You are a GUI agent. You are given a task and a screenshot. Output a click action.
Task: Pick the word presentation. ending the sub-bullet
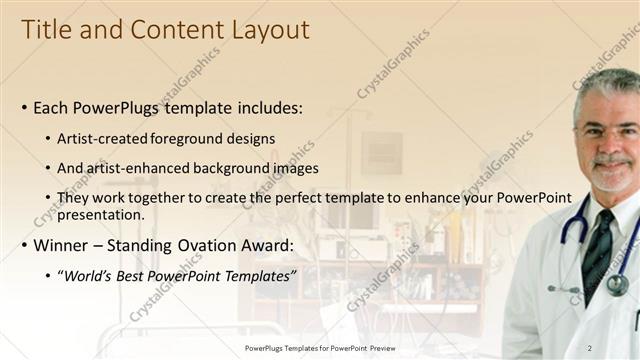[x=102, y=214]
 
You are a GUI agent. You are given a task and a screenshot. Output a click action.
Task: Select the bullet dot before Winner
[x=24, y=246]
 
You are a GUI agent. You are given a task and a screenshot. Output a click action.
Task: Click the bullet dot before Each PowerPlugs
[x=24, y=108]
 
